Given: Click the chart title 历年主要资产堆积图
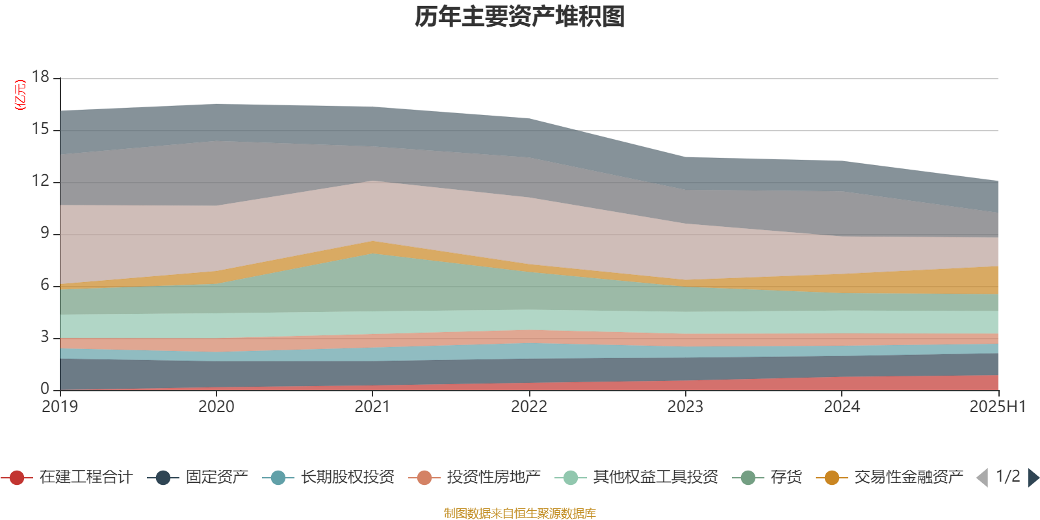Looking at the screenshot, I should click(x=519, y=17).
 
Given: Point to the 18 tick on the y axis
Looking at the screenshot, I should click(x=41, y=77).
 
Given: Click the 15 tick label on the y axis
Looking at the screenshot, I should click(x=41, y=129).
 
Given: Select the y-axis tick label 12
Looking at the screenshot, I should click(x=41, y=181).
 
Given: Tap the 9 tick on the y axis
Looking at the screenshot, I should click(x=45, y=233).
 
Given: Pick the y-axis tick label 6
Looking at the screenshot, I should click(x=45, y=285).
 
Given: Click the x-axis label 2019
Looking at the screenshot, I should click(x=60, y=407).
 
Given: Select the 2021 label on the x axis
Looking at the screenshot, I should click(x=372, y=407).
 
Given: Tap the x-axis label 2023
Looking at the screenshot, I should click(x=685, y=407).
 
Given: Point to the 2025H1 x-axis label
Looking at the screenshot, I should click(x=997, y=407).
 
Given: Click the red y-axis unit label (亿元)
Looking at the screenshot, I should click(x=20, y=95).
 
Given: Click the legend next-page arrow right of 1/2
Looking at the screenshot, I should click(x=1033, y=478).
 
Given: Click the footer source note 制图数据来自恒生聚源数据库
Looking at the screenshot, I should click(x=519, y=513).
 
